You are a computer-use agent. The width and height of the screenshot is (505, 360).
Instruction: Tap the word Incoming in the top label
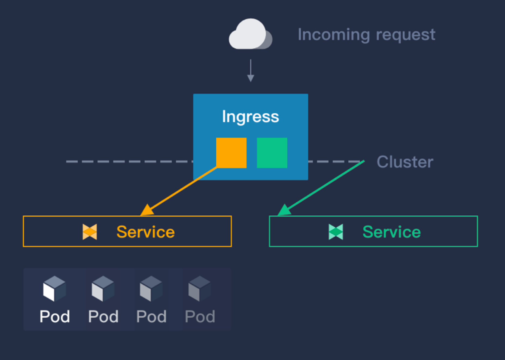(x=334, y=35)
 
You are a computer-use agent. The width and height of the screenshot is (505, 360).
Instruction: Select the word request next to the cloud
(x=406, y=35)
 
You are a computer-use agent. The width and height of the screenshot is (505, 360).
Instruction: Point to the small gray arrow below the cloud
(x=251, y=71)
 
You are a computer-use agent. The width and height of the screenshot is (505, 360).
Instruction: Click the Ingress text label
(x=250, y=117)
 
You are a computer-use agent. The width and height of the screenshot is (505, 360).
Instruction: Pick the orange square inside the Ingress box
(x=231, y=152)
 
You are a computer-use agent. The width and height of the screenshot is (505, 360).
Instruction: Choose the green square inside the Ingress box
(x=272, y=152)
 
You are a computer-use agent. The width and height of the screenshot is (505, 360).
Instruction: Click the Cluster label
(x=405, y=162)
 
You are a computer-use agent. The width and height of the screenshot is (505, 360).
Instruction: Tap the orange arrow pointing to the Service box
(x=180, y=191)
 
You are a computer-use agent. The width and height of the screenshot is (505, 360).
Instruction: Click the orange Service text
(x=145, y=232)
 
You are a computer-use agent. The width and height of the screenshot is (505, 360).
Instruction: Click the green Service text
(x=391, y=232)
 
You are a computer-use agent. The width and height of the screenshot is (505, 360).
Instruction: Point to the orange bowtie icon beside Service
(x=90, y=232)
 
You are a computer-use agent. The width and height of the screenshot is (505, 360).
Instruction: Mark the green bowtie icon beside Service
(x=336, y=232)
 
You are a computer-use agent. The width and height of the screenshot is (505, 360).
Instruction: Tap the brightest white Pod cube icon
(x=54, y=288)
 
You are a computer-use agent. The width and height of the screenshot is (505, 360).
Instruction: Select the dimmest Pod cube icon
(x=199, y=288)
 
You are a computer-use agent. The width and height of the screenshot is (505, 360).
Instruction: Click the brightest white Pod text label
(x=54, y=316)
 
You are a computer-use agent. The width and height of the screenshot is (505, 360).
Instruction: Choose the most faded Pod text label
(x=200, y=316)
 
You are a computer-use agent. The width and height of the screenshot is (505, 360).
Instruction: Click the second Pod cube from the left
(x=103, y=288)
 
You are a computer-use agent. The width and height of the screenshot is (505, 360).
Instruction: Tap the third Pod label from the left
(x=151, y=316)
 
